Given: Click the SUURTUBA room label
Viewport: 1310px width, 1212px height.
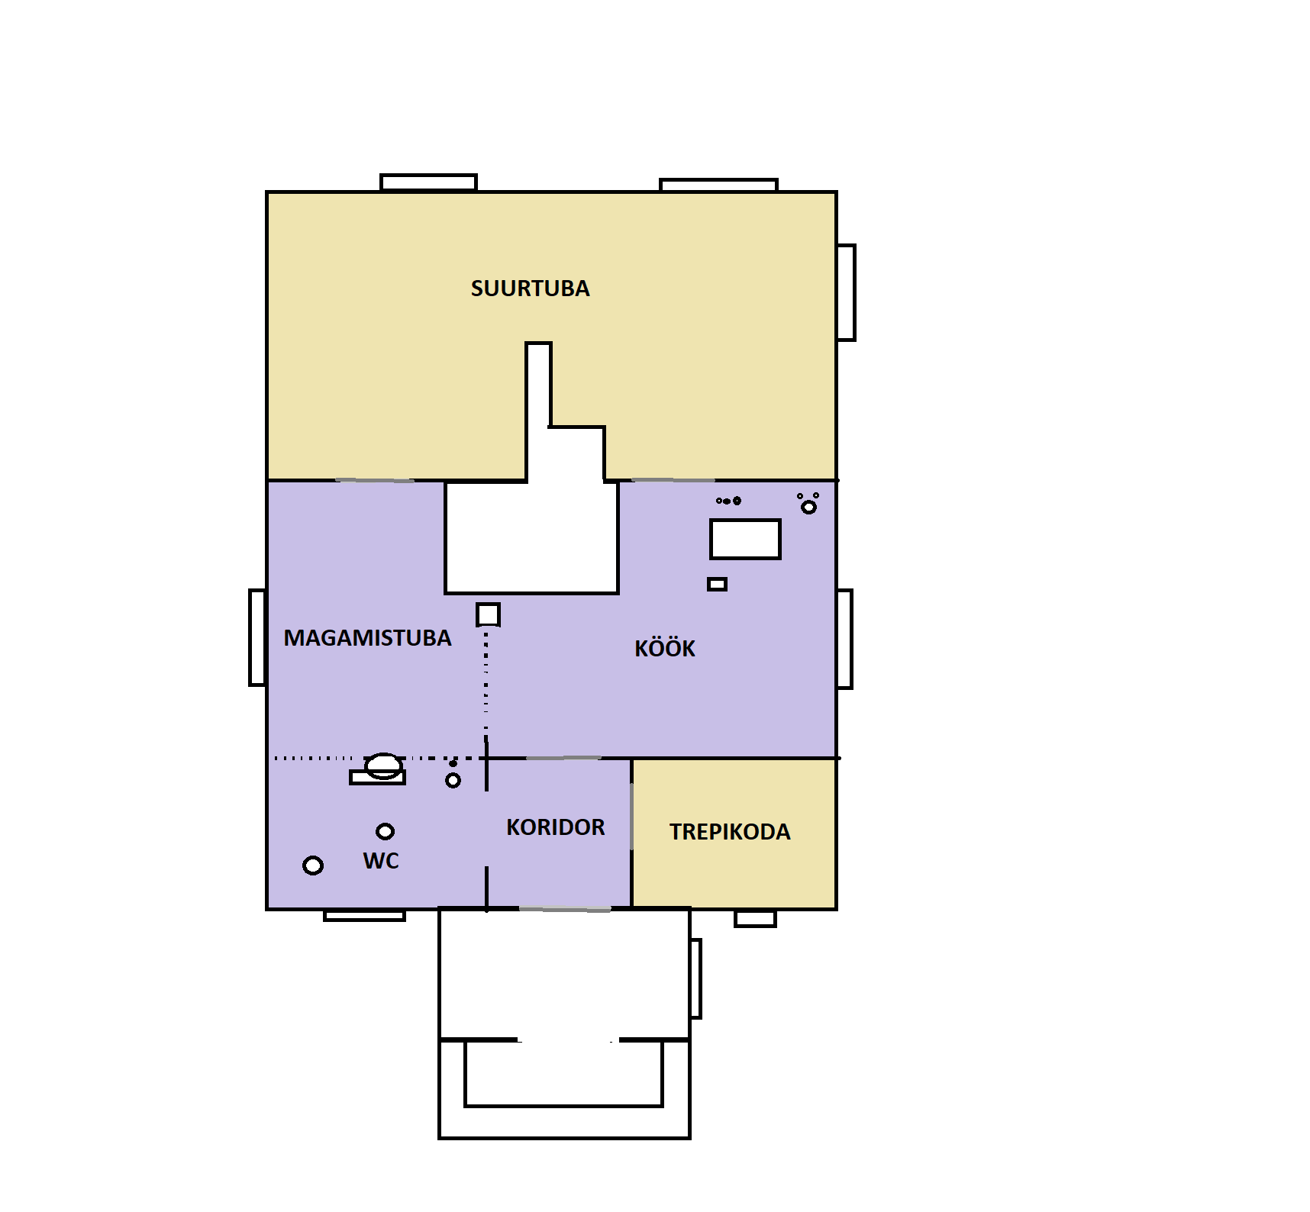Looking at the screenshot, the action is click(x=530, y=288).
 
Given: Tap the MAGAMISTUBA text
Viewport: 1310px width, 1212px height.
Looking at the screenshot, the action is click(x=367, y=638).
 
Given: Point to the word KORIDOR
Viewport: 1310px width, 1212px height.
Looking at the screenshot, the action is click(x=555, y=827).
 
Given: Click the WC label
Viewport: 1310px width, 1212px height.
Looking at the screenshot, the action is click(x=381, y=861).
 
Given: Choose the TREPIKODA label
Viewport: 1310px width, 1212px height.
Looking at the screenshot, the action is click(x=730, y=832).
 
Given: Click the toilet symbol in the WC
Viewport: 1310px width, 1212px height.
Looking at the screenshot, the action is click(x=378, y=769).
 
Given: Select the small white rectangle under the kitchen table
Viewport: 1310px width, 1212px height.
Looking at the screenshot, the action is click(x=717, y=584).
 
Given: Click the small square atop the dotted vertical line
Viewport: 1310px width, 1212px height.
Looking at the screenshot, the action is click(x=488, y=614).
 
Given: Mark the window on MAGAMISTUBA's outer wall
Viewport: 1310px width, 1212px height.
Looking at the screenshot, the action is click(x=257, y=637).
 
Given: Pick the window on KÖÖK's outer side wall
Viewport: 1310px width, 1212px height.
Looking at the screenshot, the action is click(x=844, y=639).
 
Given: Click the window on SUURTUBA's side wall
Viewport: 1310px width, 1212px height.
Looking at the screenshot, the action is click(x=846, y=292).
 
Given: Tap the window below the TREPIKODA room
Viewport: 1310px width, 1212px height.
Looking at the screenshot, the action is click(x=755, y=918).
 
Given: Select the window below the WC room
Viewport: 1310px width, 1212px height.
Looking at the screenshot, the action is click(x=364, y=915).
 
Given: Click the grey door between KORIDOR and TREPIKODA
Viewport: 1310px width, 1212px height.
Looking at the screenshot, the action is click(x=631, y=816).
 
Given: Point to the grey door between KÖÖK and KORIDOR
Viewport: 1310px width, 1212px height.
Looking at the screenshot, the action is click(x=564, y=758).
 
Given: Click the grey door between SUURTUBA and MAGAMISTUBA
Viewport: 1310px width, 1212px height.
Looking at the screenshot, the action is click(x=375, y=480).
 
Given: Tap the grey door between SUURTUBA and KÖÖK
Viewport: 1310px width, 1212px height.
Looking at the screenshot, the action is click(x=673, y=480).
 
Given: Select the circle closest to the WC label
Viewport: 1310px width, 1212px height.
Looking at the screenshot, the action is click(x=386, y=831).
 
